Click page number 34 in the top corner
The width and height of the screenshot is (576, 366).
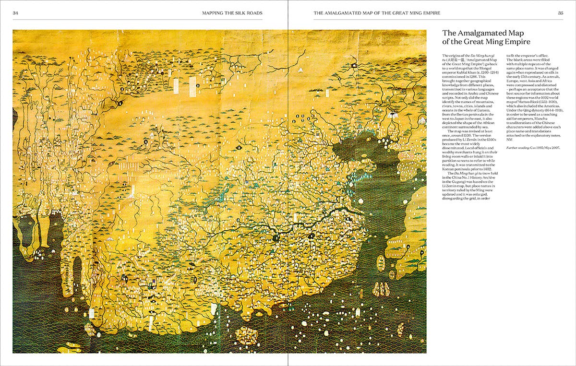[x=16, y=13]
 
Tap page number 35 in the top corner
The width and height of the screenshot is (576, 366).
[x=560, y=13]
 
